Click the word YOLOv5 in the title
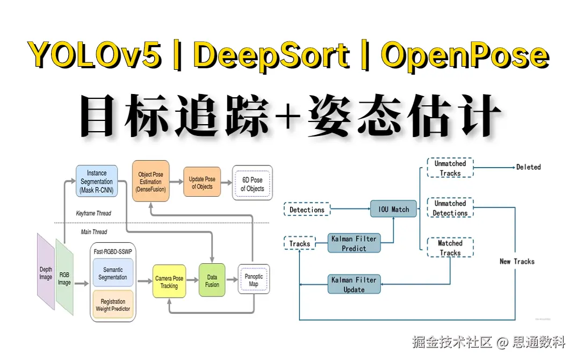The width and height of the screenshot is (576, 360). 96,55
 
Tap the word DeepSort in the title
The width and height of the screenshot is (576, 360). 271,55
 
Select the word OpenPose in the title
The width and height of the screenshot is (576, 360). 465,55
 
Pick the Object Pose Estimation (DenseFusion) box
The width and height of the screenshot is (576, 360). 151,182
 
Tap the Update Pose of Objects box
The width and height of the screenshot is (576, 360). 202,183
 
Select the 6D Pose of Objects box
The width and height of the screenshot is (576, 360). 252,184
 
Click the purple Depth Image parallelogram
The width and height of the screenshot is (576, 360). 46,272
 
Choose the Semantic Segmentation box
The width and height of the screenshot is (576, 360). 113,273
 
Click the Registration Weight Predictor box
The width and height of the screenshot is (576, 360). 113,305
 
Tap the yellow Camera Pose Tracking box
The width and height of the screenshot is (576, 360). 169,282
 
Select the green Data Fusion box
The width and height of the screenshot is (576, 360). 212,280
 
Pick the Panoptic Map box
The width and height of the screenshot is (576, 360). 253,279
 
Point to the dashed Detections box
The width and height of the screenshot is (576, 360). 307,210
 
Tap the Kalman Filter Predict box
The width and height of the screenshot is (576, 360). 354,243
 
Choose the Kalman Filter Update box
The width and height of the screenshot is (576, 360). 354,284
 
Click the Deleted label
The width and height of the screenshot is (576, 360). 528,167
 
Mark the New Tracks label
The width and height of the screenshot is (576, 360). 517,261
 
